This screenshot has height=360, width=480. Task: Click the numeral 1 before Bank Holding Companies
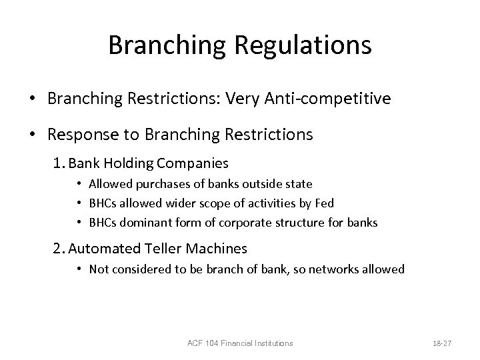pyautogui.click(x=57, y=163)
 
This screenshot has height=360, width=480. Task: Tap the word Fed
pyautogui.click(x=325, y=203)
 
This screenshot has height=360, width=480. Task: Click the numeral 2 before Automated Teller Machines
pyautogui.click(x=58, y=249)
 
